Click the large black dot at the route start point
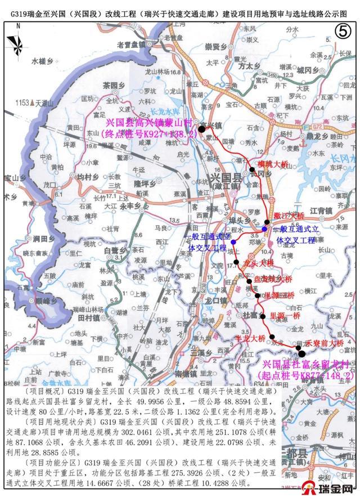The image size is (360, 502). click(302, 353)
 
